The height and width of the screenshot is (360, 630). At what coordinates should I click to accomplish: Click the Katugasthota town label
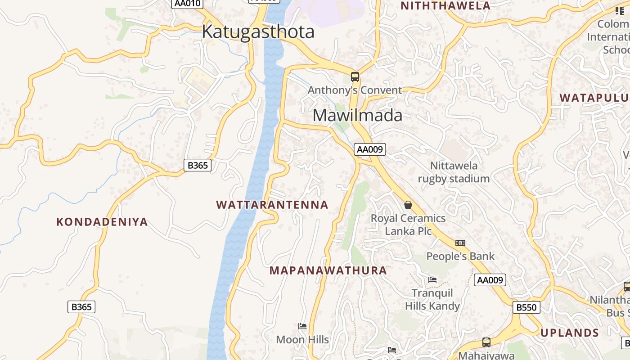[258, 32]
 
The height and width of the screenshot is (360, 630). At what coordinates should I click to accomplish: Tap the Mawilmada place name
[357, 116]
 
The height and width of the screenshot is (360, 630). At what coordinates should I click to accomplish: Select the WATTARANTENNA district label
[272, 205]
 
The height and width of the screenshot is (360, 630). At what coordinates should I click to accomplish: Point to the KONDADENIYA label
[102, 222]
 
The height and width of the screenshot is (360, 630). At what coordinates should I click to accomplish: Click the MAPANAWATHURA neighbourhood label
[328, 270]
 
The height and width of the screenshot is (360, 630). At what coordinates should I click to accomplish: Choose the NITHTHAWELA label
[445, 6]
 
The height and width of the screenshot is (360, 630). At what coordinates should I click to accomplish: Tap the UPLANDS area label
[570, 333]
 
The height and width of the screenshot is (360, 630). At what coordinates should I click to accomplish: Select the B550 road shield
[526, 307]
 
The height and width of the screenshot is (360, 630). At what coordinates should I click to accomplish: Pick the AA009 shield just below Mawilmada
[370, 149]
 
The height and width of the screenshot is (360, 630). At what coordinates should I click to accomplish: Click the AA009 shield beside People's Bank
[490, 280]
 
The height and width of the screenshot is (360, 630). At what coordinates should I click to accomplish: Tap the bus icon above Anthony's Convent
[355, 76]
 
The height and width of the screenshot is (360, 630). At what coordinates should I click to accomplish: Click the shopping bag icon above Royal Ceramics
[408, 205]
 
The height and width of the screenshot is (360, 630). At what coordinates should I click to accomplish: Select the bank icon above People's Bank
[460, 243]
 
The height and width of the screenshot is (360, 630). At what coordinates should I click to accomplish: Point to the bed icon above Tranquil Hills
[432, 279]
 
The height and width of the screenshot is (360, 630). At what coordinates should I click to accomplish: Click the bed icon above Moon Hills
[302, 326]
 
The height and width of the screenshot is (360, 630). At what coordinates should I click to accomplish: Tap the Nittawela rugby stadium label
[454, 172]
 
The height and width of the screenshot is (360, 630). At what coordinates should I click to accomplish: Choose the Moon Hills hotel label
[302, 340]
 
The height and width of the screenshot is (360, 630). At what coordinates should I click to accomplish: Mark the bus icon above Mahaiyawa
[486, 342]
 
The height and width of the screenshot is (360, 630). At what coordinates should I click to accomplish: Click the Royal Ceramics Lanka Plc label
[408, 225]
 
